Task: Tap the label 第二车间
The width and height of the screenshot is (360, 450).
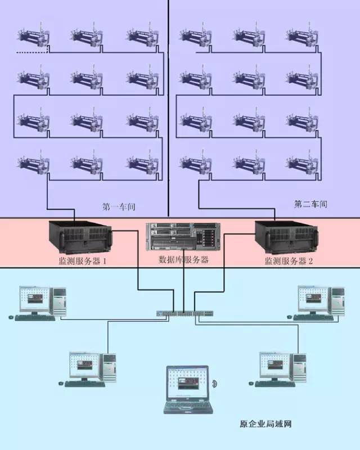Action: pos(310,204)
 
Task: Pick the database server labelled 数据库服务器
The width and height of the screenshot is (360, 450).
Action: pos(183,236)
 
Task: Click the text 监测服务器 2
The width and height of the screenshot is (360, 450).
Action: pos(289,261)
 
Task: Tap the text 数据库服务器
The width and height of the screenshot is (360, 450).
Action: pos(184,260)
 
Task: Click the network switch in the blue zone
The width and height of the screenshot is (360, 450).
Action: pos(183,312)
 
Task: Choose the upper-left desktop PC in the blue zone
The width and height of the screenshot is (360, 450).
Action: pos(42,302)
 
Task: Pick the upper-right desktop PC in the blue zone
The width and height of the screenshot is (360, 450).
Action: pos(319,302)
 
